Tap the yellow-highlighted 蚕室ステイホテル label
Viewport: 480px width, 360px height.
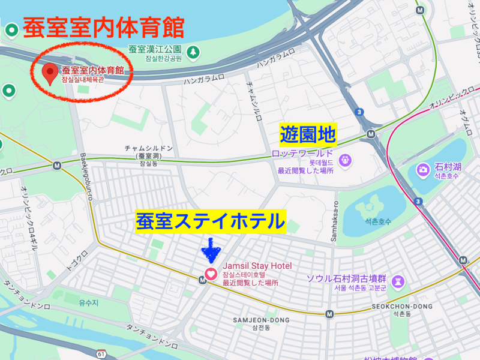pyautogui.click(x=211, y=221)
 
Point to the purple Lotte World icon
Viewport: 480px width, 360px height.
pyautogui.click(x=346, y=160)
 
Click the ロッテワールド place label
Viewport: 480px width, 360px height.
pyautogui.click(x=302, y=154)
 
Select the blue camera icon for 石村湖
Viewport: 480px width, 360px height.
pyautogui.click(x=423, y=170)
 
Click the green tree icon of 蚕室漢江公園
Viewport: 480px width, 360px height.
pyautogui.click(x=193, y=52)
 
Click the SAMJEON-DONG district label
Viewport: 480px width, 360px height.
pyautogui.click(x=261, y=320)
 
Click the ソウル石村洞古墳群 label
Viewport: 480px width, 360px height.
pyautogui.click(x=346, y=278)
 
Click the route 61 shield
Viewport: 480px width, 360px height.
pyautogui.click(x=101, y=352)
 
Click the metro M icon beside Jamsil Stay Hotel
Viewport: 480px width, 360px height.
pyautogui.click(x=203, y=280)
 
